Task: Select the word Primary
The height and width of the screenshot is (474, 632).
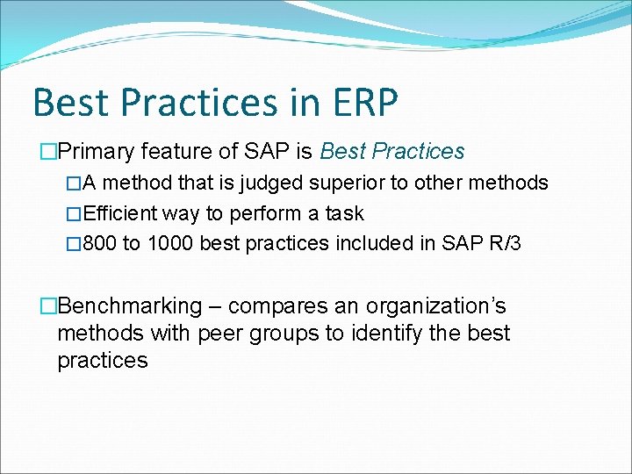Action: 95,152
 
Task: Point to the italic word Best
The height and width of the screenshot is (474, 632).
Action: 342,152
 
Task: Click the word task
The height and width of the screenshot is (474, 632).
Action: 344,213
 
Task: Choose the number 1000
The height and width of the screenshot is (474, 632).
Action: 170,243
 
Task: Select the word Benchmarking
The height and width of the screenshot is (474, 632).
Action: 129,306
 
